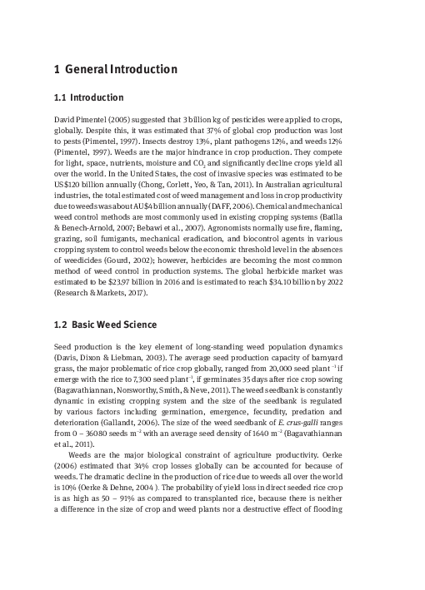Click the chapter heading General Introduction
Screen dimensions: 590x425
pyautogui.click(x=114, y=69)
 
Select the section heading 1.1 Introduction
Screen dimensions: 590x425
pyautogui.click(x=88, y=97)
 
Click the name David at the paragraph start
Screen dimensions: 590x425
pyautogui.click(x=64, y=121)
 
